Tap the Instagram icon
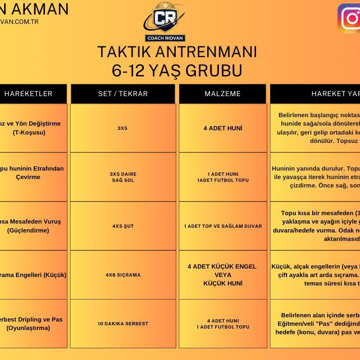click(x=350, y=19)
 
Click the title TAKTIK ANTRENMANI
click(x=177, y=52)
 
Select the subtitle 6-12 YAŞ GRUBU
click(x=177, y=70)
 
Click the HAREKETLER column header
click(x=28, y=94)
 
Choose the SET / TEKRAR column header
click(x=123, y=94)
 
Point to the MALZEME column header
click(x=223, y=94)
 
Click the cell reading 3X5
click(x=122, y=128)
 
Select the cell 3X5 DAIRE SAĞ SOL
click(x=123, y=177)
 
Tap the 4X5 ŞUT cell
click(x=123, y=226)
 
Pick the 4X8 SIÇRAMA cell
click(x=123, y=275)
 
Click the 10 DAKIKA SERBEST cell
click(x=123, y=323)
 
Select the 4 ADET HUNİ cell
click(x=223, y=128)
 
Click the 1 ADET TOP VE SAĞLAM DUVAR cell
click(x=223, y=226)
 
